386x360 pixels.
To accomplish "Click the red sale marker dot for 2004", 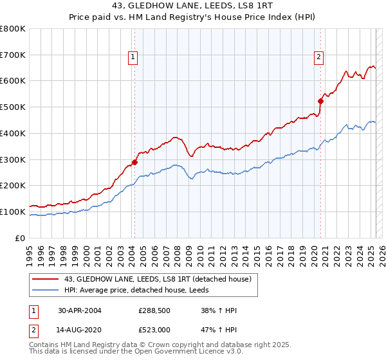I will [x=135, y=162].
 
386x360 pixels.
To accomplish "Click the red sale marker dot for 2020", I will [x=320, y=100].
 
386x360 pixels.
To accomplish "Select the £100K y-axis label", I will [x=13, y=212].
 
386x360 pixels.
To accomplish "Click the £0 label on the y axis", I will [x=21, y=238].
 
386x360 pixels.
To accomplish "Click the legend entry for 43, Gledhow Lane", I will [x=161, y=278].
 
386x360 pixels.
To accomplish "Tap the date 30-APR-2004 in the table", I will [x=80, y=310].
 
